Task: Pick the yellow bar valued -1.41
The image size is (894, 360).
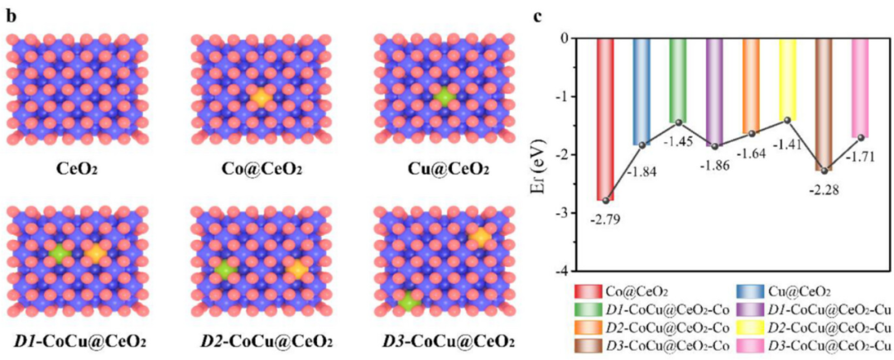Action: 787,79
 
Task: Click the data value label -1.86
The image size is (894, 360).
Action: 715,163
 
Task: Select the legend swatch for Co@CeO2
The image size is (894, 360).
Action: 587,291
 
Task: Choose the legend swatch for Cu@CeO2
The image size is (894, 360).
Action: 751,291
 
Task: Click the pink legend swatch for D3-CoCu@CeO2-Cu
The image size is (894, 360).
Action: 751,345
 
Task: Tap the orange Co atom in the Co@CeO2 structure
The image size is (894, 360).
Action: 262,98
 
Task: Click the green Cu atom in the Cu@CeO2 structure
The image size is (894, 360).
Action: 445,98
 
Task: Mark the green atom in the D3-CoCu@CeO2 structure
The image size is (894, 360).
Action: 407,303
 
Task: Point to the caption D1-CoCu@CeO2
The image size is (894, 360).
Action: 80,342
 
